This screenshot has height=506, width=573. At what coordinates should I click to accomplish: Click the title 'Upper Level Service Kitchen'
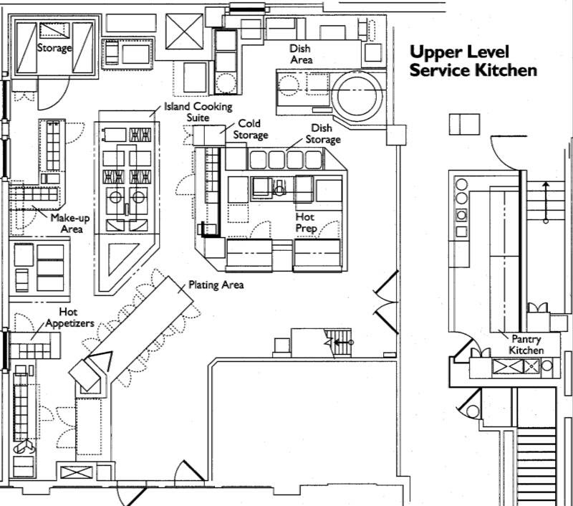473,61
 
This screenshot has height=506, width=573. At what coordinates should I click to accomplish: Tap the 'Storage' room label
54,48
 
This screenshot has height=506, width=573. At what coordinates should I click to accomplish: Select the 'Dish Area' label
301,54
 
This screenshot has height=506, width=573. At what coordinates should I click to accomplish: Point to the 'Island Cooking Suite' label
198,112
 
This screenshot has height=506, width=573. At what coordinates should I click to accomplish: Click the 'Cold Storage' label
250,129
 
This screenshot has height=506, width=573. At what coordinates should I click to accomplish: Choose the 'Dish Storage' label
323,133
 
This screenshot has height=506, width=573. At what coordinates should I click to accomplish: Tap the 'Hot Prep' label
306,222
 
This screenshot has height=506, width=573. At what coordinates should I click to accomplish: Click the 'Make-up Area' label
70,224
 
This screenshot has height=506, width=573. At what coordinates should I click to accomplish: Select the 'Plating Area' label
216,285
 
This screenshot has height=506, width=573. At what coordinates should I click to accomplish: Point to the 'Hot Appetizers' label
69,318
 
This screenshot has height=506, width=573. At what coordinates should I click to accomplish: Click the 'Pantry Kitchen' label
526,345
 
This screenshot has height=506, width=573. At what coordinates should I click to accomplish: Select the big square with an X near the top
184,32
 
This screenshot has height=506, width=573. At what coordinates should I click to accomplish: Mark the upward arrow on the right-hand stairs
546,202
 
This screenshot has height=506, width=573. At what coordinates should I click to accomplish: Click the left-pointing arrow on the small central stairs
342,342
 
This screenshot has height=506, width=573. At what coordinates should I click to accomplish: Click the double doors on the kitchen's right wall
386,302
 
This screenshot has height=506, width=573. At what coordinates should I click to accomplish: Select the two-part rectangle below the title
464,124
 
